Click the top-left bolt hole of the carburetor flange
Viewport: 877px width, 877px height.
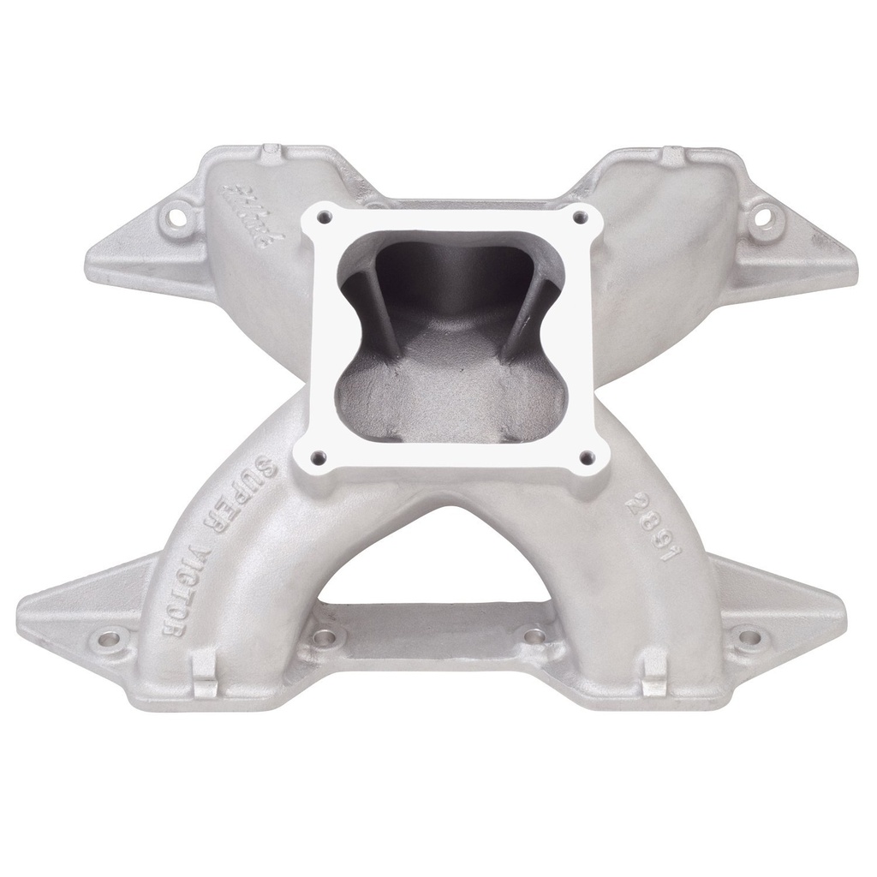[324, 218]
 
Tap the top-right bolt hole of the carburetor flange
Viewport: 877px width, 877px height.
[580, 217]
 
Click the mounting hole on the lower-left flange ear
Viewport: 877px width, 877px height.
[109, 639]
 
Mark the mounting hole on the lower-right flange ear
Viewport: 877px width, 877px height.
[749, 638]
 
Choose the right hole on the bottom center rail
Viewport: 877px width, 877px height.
[534, 636]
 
